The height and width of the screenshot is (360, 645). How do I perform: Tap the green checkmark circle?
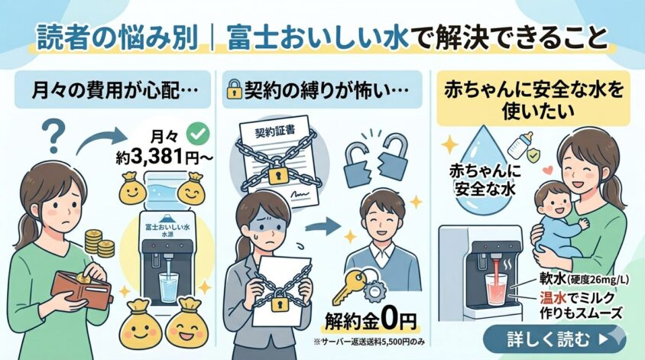click(198, 133)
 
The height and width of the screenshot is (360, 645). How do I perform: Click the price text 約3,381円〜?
click(164, 157)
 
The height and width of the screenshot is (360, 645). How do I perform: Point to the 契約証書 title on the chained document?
click(274, 131)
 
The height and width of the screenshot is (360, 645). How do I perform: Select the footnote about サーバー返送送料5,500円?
click(369, 342)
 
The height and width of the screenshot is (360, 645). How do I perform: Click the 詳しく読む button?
click(554, 339)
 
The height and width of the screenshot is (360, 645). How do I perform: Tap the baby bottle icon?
click(520, 144)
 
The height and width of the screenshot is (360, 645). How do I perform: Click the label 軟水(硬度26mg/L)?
click(584, 280)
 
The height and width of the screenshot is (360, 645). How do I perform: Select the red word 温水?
click(554, 297)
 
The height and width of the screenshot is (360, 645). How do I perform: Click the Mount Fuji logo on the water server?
click(167, 217)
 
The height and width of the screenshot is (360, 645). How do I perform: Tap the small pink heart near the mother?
click(546, 170)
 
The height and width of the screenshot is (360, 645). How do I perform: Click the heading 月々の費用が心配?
click(114, 90)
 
